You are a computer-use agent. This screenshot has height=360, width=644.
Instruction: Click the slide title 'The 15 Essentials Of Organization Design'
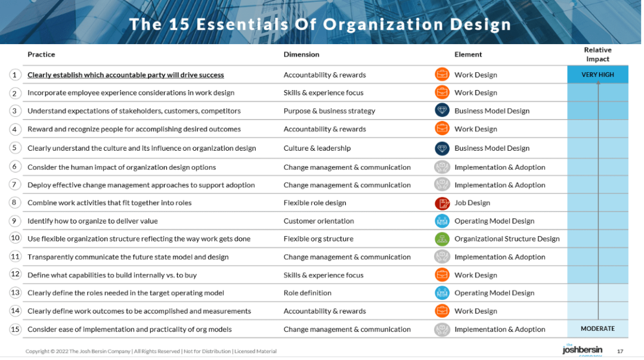pos(320,24)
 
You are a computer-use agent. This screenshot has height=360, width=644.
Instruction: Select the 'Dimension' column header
pos(301,54)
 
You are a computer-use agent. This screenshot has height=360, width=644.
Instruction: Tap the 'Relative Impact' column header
pos(597,54)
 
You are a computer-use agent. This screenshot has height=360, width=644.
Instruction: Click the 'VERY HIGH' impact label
pos(597,75)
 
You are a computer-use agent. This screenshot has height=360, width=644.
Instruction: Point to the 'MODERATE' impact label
pos(597,328)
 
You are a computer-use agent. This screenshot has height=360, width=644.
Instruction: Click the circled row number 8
pos(16,202)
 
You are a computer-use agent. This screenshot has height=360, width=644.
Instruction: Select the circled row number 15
pos(16,328)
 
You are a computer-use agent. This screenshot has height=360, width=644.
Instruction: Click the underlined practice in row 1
pos(126,75)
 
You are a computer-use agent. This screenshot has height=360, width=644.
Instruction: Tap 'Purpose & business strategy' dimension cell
pos(329,111)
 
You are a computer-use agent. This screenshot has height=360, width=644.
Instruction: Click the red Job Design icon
pos(442,203)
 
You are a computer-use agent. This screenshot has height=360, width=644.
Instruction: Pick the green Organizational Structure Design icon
pos(442,239)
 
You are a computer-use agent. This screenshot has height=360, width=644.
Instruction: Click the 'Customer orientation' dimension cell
pos(318,221)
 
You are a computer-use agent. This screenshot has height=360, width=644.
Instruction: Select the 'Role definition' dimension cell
pos(307,293)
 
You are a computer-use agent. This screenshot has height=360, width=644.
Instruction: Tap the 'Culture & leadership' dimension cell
pos(317,148)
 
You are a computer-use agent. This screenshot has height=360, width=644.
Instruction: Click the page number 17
pos(620,350)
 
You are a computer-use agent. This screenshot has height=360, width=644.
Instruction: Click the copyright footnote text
pos(151,351)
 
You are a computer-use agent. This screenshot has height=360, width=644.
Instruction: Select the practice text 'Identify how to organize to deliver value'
pos(92,221)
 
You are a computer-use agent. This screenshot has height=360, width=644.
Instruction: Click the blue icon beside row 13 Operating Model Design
pos(442,293)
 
